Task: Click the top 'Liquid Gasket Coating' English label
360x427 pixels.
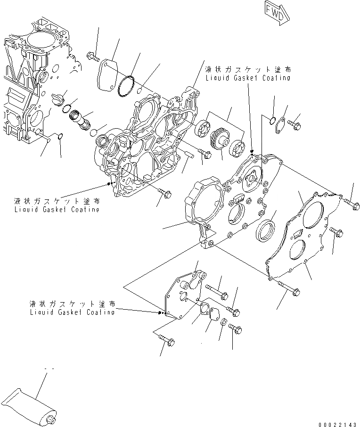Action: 247,78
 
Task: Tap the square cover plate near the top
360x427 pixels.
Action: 108,74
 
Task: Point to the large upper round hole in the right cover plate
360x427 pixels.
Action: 313,214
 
